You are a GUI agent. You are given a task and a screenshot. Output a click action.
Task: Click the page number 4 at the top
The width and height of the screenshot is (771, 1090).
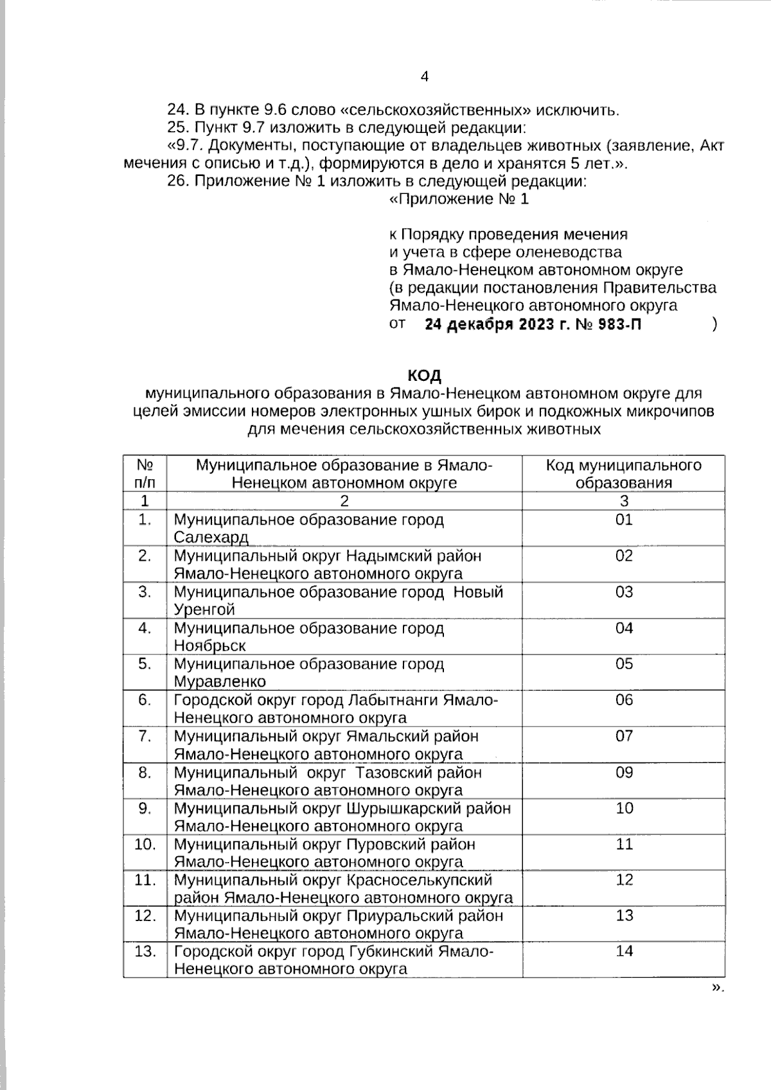tap(424, 77)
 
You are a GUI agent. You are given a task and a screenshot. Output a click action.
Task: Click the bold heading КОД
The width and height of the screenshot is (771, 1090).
tap(424, 374)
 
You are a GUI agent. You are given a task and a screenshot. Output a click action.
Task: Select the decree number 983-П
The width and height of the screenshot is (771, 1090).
tap(619, 324)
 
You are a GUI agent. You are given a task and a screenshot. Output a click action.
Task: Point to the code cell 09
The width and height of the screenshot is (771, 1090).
tap(624, 772)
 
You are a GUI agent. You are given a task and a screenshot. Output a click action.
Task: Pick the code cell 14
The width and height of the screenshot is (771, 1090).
tap(624, 951)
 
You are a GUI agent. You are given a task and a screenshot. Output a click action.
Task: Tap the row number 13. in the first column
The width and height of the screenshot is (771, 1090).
tap(145, 951)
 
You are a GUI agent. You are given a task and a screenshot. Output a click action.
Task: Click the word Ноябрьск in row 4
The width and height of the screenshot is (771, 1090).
tap(209, 646)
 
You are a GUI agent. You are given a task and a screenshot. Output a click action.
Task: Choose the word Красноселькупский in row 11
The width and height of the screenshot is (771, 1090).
tap(420, 880)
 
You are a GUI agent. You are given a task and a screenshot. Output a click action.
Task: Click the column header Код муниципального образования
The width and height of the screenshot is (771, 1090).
tap(623, 474)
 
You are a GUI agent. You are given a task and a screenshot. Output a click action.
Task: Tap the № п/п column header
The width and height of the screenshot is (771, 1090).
tap(145, 474)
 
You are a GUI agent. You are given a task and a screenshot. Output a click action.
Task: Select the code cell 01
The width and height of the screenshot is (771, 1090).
tap(624, 520)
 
